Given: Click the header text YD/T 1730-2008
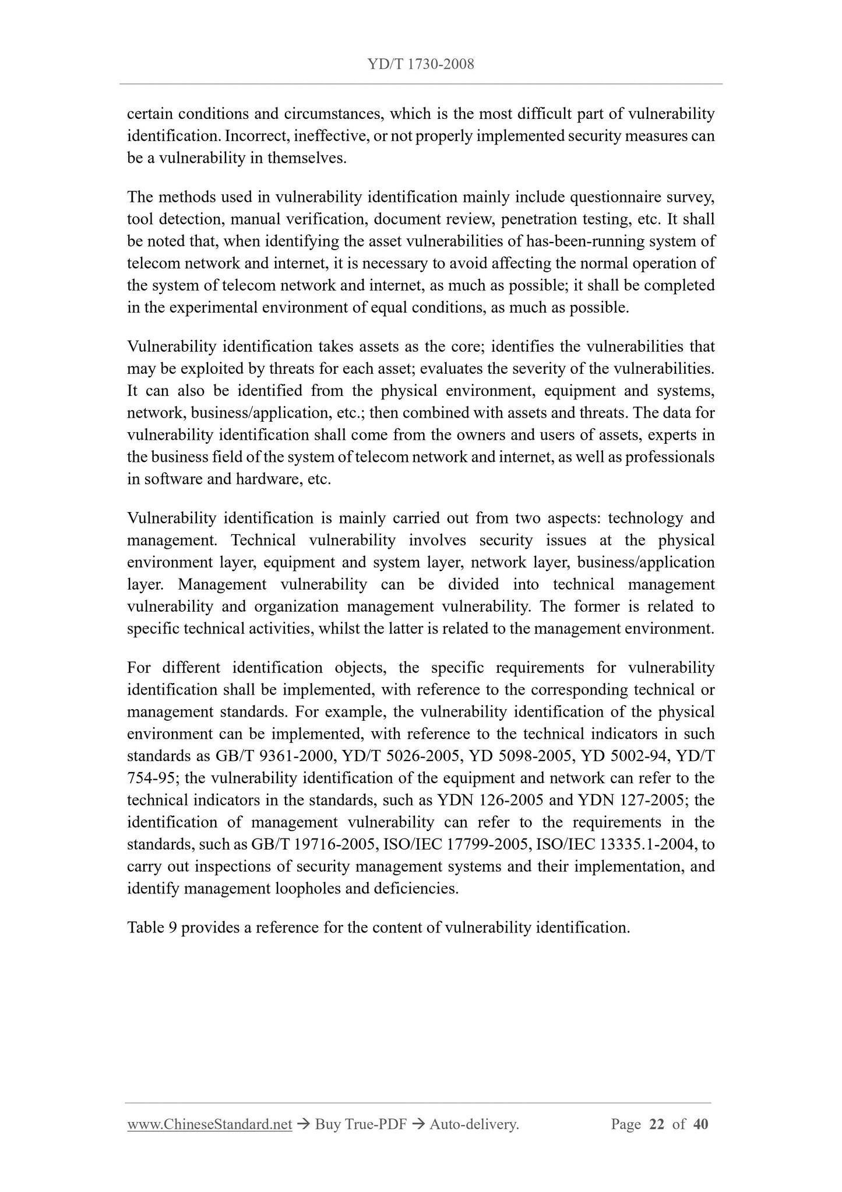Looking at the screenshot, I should [x=421, y=65].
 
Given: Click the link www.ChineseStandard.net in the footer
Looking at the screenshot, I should [x=209, y=1124].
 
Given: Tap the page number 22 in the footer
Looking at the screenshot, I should [x=656, y=1124].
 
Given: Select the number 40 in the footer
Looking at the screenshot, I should [x=700, y=1124].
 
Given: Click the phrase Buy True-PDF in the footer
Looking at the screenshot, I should [x=360, y=1124].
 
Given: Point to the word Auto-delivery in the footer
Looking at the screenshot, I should [x=473, y=1124].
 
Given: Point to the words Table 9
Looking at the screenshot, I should [x=152, y=927].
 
